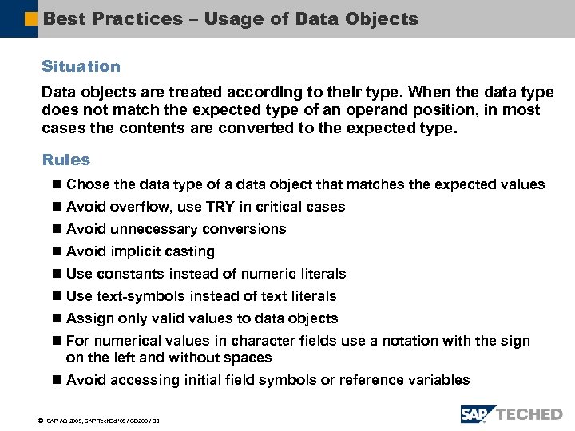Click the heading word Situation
(81, 66)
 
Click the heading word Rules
(66, 160)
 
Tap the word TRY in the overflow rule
(220, 207)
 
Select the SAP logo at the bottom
(478, 413)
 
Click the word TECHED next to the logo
(529, 414)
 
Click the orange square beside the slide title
(31, 18)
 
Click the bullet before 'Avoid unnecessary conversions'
(57, 229)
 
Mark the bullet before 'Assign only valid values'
(57, 318)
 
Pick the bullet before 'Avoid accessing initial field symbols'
(57, 380)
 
